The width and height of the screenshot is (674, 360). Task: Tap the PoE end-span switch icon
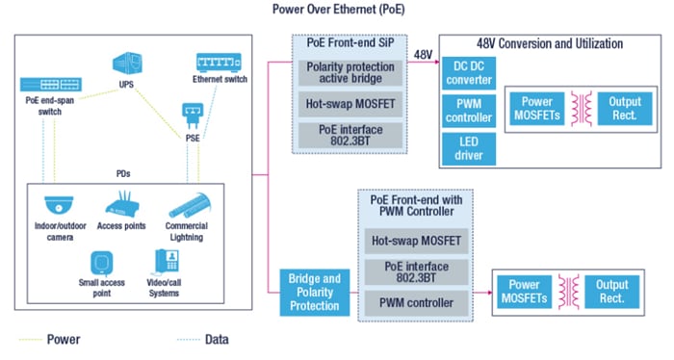coord(47,80)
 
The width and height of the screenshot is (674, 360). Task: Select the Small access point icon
coord(102,263)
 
